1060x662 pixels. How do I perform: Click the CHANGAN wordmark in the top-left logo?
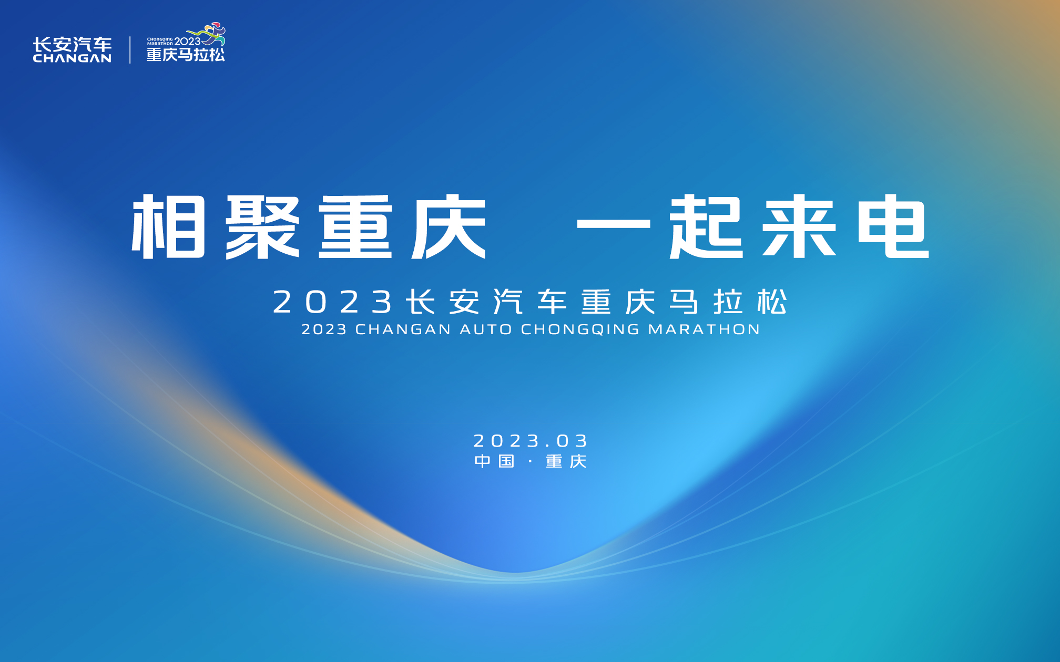[72, 58]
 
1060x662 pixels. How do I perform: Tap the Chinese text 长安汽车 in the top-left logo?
[72, 44]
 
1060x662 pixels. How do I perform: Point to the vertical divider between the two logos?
[130, 50]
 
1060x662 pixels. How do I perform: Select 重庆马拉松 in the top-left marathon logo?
[186, 55]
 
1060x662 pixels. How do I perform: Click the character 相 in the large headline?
[168, 226]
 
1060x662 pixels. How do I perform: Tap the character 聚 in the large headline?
[262, 226]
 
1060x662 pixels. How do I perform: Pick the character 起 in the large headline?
[706, 226]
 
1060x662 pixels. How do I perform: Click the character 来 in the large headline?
[799, 226]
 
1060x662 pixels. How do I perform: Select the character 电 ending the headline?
[893, 226]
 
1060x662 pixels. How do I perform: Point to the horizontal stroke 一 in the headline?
[614, 224]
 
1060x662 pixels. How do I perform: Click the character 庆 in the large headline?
[449, 226]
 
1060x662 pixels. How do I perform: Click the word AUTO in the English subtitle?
[486, 329]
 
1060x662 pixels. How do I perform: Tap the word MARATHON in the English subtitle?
[704, 329]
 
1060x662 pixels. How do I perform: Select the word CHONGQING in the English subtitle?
[580, 329]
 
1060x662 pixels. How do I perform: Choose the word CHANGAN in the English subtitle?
[403, 329]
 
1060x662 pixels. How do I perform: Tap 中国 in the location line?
[494, 461]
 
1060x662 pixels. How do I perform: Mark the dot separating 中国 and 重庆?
[531, 461]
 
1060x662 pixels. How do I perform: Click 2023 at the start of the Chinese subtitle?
[333, 302]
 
